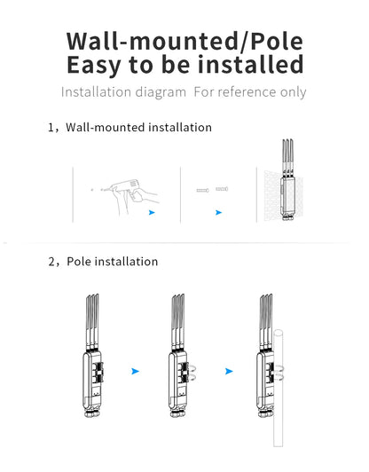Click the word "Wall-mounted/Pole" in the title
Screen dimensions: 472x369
coord(184,41)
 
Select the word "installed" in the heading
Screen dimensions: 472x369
coord(249,66)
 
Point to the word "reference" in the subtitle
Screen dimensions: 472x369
coord(247,92)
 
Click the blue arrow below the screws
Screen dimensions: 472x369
coord(218,213)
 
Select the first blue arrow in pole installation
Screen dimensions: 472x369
coord(136,368)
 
